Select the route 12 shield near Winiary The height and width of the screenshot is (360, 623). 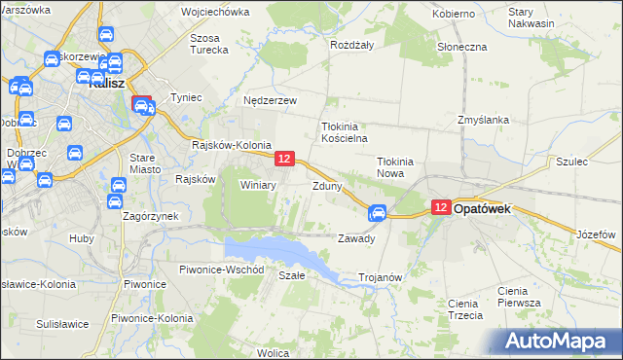tap(284, 158)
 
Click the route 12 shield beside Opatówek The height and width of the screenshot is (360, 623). tap(440, 207)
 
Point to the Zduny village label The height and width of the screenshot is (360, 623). tap(326, 185)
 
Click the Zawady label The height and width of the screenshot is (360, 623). tap(356, 238)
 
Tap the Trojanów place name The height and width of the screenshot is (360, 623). tap(381, 277)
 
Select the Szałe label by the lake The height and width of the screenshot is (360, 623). tap(292, 275)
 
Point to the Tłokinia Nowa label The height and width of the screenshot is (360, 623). tap(396, 167)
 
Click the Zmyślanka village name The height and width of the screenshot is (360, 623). tap(484, 120)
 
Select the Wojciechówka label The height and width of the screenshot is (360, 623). tap(215, 13)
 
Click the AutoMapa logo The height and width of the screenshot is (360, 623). tap(560, 342)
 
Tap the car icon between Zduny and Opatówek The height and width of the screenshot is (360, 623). tap(378, 213)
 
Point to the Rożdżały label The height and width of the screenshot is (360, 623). tap(352, 45)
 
